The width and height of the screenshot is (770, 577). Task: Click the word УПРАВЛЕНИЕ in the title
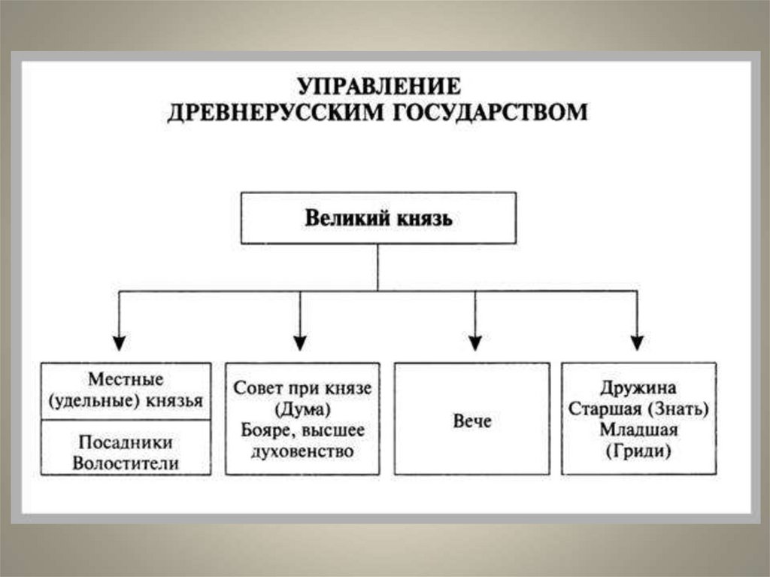pos(377,85)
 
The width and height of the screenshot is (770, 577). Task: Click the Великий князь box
pos(378,218)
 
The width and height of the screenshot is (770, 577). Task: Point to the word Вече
pos(472,420)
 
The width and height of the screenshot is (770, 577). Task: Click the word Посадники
pos(126,442)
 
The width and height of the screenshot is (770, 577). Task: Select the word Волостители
pos(126,463)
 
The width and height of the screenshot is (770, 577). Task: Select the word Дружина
pos(638,388)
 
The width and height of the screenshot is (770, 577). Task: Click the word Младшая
pos(638,430)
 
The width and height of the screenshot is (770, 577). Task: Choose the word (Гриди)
pos(638,451)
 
